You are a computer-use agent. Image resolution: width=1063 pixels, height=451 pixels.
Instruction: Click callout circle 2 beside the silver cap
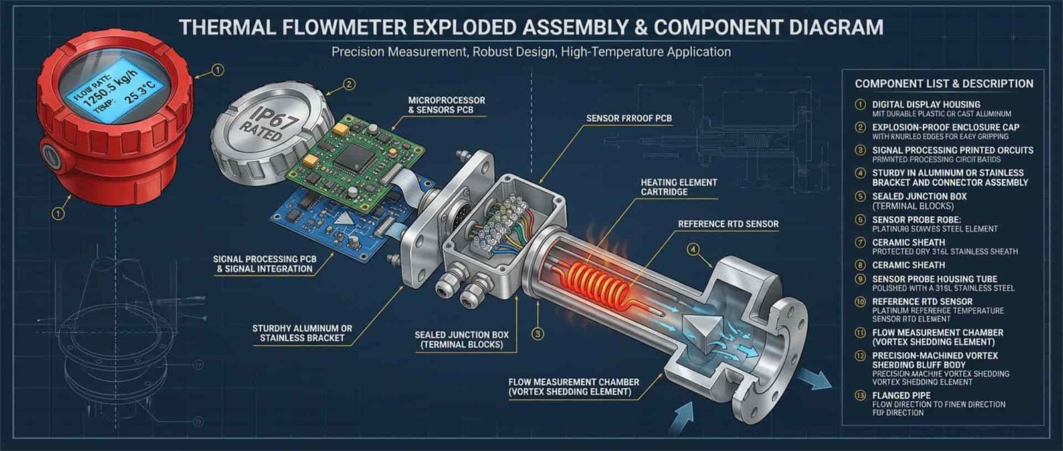(349, 84)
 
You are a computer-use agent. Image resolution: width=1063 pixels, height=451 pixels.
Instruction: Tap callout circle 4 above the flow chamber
(694, 249)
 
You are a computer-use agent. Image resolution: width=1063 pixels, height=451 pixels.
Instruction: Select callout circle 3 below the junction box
(538, 333)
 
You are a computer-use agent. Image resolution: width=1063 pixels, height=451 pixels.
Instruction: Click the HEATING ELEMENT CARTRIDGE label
(678, 187)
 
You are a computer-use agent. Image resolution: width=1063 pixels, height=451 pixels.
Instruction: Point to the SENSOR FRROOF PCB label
(628, 118)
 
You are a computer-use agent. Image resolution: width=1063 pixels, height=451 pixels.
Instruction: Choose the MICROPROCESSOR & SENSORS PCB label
(446, 105)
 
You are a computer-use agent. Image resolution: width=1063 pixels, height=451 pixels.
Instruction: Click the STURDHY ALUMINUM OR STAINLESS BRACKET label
(302, 333)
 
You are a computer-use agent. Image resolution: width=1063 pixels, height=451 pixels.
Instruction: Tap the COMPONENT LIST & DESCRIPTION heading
(943, 84)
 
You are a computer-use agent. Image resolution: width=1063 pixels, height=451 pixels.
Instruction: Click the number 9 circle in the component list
(860, 279)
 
